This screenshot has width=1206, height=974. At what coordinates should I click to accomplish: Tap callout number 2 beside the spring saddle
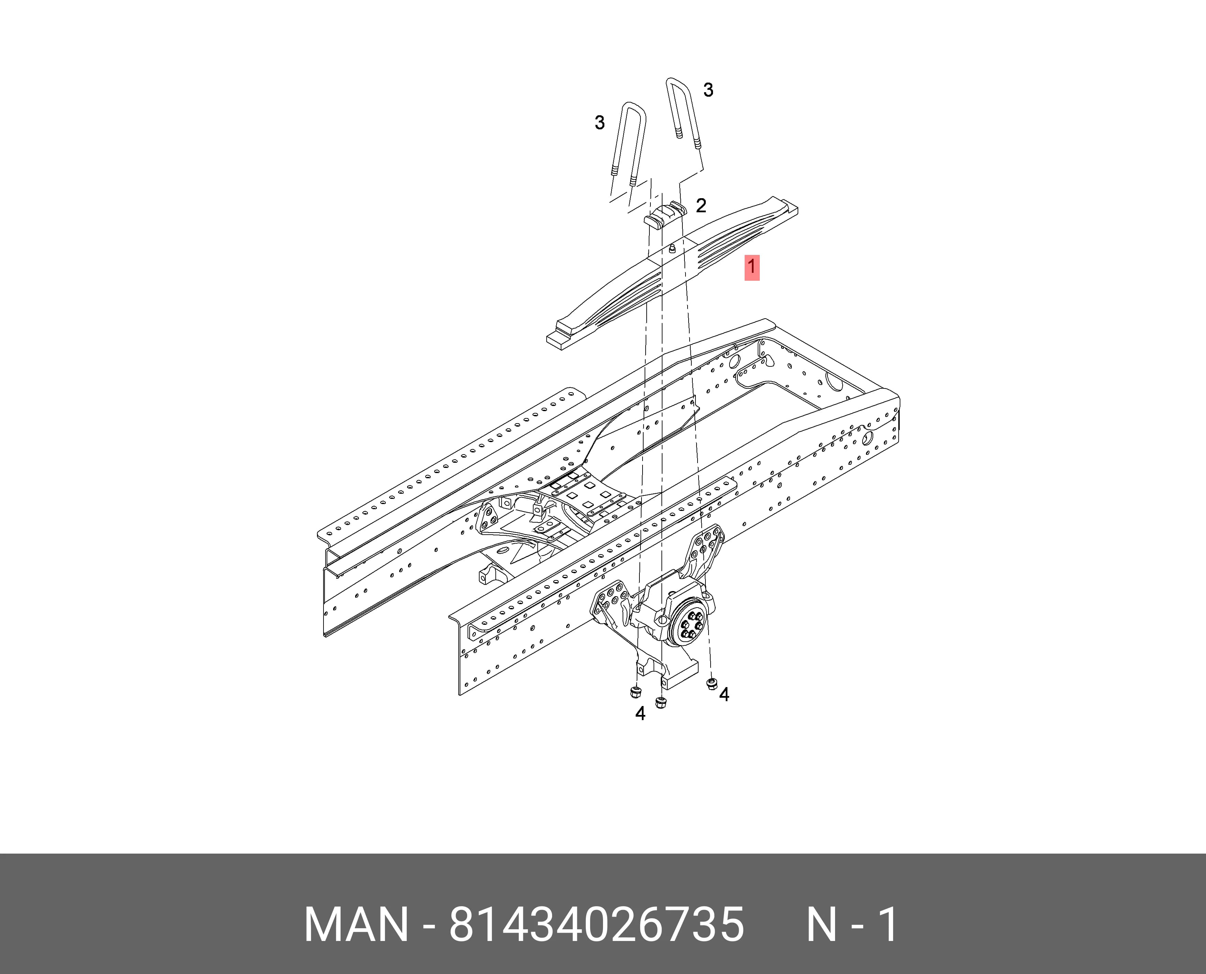click(x=701, y=205)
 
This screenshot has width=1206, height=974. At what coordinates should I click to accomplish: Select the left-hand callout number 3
click(x=599, y=122)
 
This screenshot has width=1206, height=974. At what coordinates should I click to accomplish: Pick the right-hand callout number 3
click(x=708, y=90)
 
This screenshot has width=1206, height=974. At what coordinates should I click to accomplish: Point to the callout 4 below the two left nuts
click(x=640, y=713)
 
